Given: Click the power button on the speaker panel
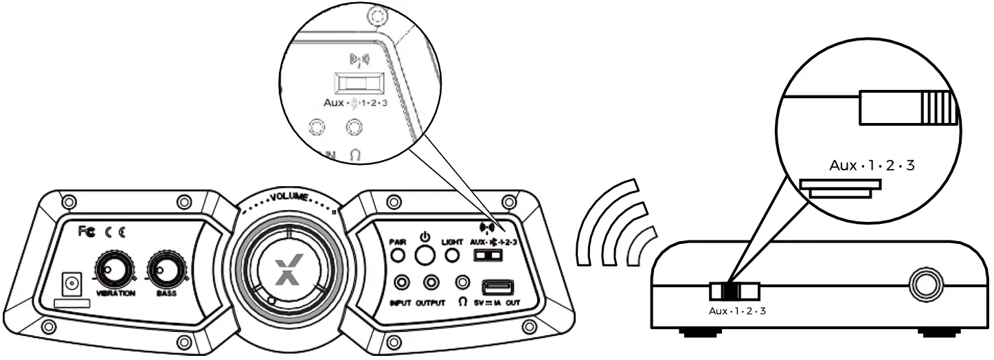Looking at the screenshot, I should (425, 256).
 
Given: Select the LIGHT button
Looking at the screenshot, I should (452, 256).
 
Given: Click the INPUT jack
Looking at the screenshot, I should (401, 282).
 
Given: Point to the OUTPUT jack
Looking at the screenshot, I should (431, 282).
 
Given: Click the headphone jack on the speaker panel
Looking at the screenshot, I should (464, 282).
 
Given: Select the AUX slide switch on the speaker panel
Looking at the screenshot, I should (488, 256).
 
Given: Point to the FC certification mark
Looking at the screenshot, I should (87, 234).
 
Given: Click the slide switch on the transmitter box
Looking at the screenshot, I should (734, 291).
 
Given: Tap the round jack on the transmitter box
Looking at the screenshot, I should (927, 282).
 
